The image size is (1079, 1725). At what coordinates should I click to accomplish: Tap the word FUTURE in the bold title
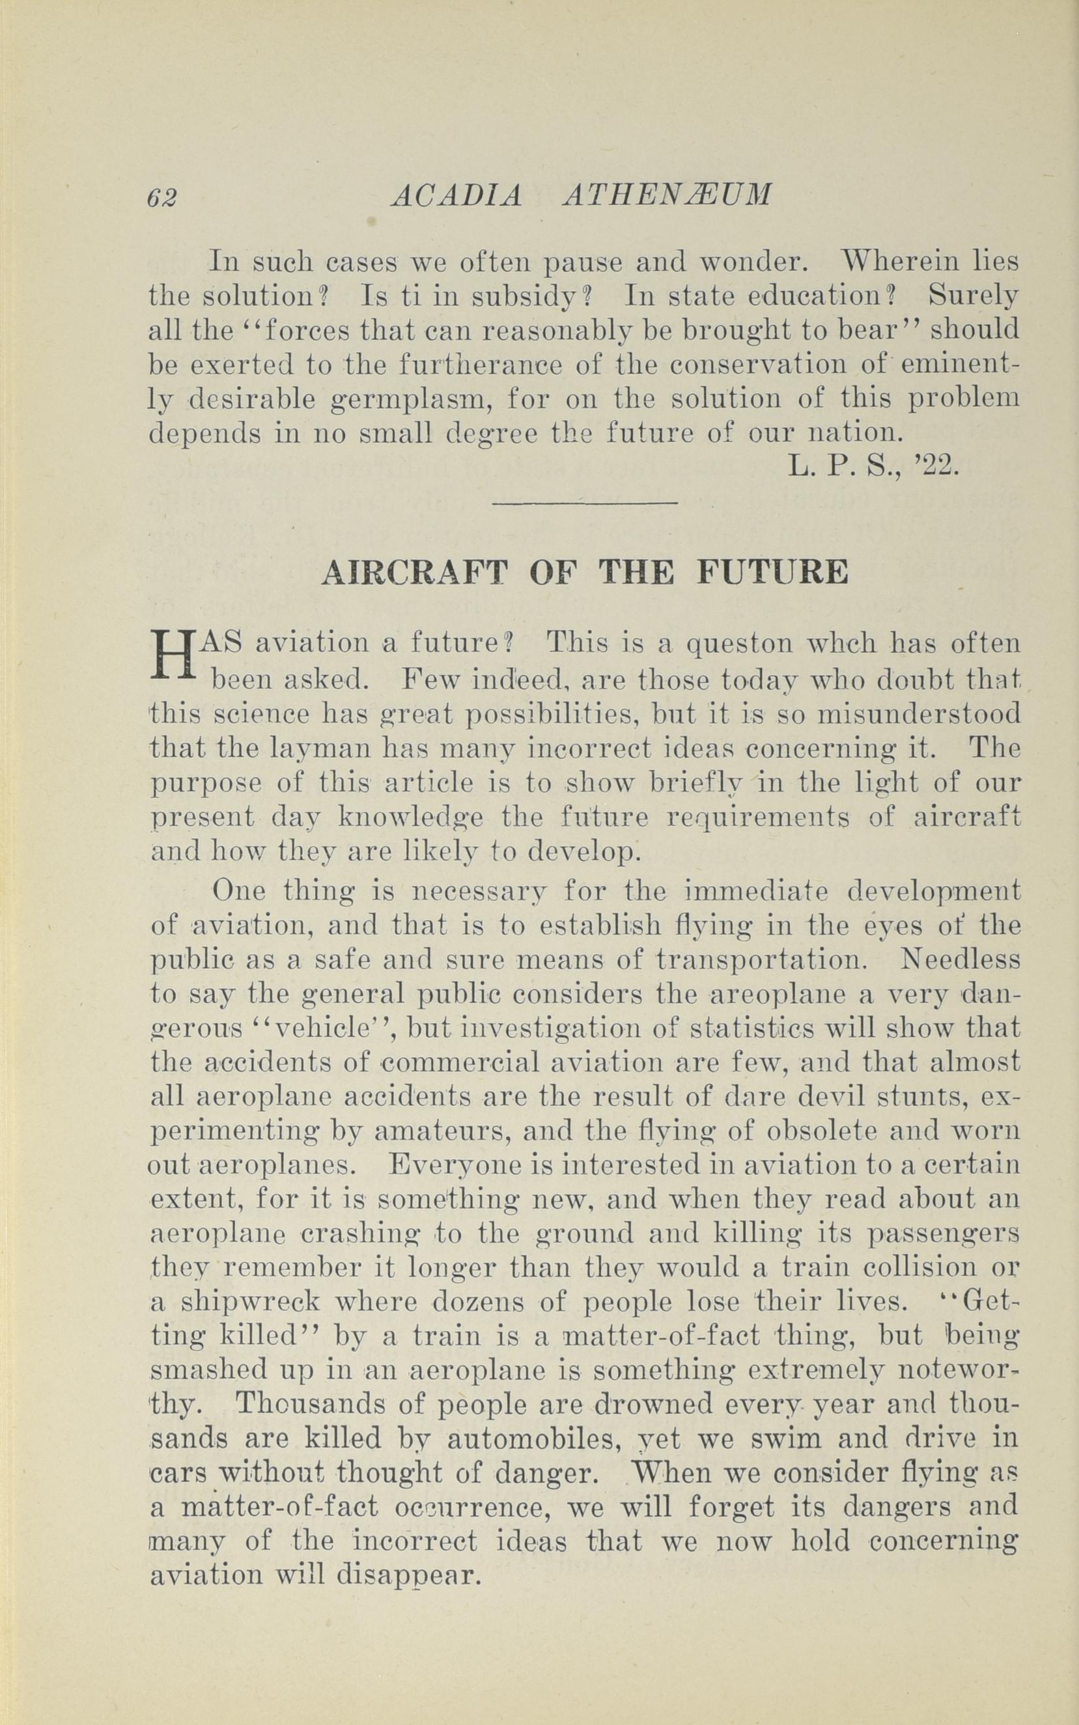772,573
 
